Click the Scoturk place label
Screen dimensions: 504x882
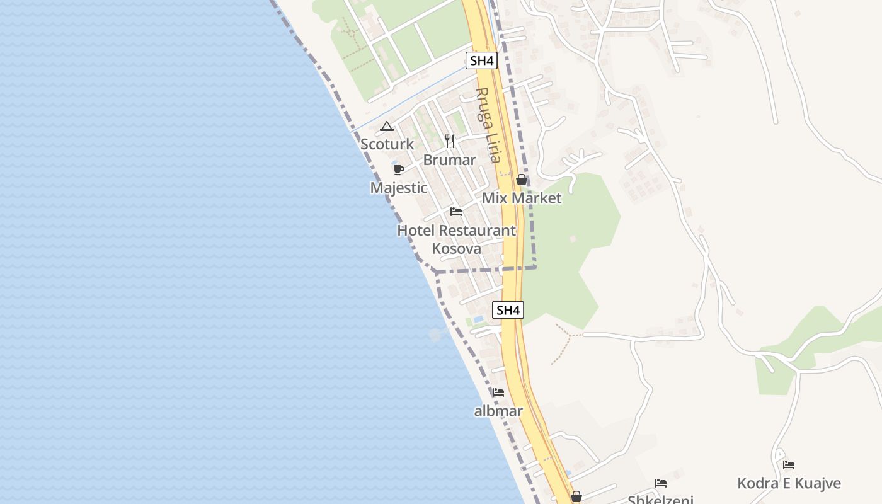click(x=387, y=144)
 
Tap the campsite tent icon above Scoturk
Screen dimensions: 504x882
click(x=387, y=127)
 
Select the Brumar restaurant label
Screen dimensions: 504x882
click(x=449, y=160)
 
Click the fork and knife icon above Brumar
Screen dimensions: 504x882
click(x=449, y=140)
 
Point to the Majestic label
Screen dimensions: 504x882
click(x=399, y=188)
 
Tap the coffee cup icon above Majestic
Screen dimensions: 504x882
click(x=398, y=169)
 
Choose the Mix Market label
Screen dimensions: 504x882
click(x=522, y=198)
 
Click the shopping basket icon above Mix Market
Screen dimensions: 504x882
click(x=522, y=180)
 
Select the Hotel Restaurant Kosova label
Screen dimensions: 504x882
click(x=457, y=239)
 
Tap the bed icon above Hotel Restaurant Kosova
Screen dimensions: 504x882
click(x=456, y=212)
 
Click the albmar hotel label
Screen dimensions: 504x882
click(x=498, y=411)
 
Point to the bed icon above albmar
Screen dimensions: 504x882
click(x=498, y=392)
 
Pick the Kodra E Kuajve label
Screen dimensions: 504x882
click(x=789, y=484)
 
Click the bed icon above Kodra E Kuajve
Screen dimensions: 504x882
click(x=789, y=465)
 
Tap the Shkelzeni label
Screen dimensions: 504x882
click(x=660, y=500)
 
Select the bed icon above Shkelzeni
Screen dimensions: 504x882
click(x=661, y=483)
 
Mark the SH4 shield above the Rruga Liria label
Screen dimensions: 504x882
click(x=482, y=60)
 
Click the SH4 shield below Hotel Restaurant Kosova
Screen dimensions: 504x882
click(x=508, y=310)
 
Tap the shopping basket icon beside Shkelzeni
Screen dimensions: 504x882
click(x=576, y=497)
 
